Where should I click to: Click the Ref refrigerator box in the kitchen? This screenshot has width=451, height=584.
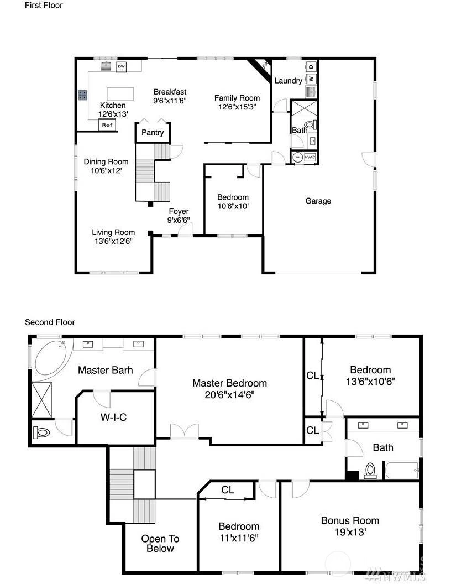pyautogui.click(x=107, y=125)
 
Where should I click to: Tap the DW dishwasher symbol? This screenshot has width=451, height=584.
pyautogui.click(x=121, y=67)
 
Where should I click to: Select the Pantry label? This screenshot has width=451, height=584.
pyautogui.click(x=153, y=133)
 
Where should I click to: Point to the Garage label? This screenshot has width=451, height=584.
pyautogui.click(x=318, y=201)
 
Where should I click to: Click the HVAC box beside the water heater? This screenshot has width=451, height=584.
pyautogui.click(x=310, y=157)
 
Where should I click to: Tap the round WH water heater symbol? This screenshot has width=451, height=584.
pyautogui.click(x=298, y=157)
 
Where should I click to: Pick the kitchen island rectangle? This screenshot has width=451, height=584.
pyautogui.click(x=120, y=94)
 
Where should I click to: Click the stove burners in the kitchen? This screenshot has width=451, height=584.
pyautogui.click(x=82, y=95)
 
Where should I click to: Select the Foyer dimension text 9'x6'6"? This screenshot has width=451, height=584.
pyautogui.click(x=179, y=220)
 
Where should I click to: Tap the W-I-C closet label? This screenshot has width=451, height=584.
pyautogui.click(x=113, y=417)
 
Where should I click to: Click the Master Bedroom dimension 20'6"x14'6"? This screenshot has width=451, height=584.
pyautogui.click(x=229, y=395)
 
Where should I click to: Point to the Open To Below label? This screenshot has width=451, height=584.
pyautogui.click(x=160, y=544)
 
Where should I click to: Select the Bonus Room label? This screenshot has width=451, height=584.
pyautogui.click(x=350, y=521)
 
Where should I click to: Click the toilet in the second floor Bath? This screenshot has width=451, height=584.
pyautogui.click(x=370, y=471)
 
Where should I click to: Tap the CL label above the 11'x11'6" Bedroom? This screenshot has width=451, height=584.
pyautogui.click(x=228, y=490)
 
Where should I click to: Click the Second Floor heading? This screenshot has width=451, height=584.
pyautogui.click(x=50, y=322)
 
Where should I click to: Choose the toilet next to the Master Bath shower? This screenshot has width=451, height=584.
pyautogui.click(x=41, y=433)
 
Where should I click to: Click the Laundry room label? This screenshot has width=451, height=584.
pyautogui.click(x=289, y=81)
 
